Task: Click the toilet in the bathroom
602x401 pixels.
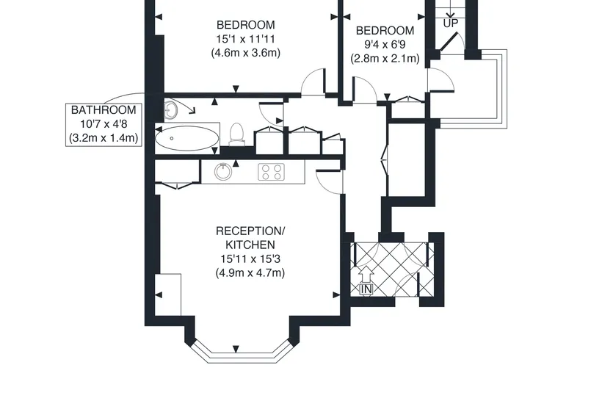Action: click(236, 134)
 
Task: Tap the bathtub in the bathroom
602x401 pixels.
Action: click(187, 138)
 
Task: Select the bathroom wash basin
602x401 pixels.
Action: click(170, 109)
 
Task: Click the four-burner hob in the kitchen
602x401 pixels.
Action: click(272, 172)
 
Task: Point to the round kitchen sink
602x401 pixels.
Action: click(223, 172)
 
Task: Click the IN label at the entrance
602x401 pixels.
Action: click(366, 289)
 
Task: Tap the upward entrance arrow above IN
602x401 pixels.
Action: click(366, 274)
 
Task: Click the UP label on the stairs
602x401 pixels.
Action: click(451, 24)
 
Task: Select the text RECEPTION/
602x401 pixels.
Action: click(250, 231)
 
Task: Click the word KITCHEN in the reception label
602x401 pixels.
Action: click(250, 245)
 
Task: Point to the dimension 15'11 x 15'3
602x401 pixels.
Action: click(250, 259)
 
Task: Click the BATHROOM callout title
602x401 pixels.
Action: click(104, 110)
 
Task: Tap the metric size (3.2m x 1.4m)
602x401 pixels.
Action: click(104, 138)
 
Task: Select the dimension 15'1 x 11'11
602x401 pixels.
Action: click(246, 39)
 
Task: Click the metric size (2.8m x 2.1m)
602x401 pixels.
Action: click(385, 58)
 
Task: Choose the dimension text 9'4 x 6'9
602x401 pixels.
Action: click(385, 45)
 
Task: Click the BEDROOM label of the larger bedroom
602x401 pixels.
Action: click(246, 25)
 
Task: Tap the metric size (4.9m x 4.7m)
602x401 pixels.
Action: click(250, 273)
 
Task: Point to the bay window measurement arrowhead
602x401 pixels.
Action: click(236, 349)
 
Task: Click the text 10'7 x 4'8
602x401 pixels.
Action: click(104, 124)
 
